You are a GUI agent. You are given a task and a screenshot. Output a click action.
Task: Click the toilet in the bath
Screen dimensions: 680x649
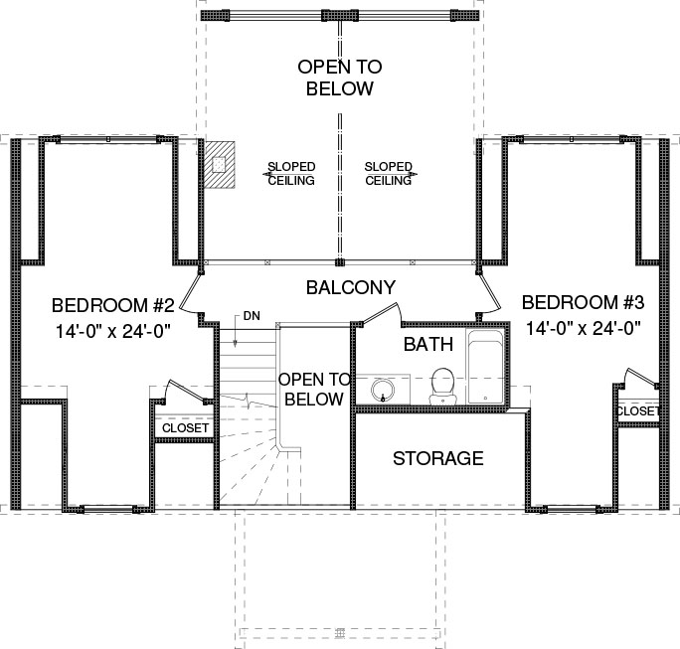tap(442, 386)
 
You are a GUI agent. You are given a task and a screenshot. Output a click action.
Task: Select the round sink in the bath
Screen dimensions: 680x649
tap(383, 390)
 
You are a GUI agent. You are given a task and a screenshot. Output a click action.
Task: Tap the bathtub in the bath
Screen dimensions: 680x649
tap(485, 367)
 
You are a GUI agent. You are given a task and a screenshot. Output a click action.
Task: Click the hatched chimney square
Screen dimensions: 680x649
tap(220, 165)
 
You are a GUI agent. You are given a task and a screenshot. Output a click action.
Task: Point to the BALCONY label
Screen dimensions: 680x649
tap(351, 287)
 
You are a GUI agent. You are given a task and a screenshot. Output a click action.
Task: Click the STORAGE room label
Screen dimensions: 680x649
tap(438, 458)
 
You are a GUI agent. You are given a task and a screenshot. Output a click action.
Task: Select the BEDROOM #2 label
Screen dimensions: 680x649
tap(112, 305)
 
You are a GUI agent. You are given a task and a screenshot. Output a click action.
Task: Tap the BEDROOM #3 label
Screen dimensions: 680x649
tap(583, 302)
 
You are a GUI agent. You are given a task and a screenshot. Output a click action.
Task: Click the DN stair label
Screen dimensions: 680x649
tap(252, 316)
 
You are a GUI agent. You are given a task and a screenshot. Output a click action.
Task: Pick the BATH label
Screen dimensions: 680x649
tap(428, 344)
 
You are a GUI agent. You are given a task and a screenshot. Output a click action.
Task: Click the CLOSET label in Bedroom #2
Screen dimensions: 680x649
tap(185, 428)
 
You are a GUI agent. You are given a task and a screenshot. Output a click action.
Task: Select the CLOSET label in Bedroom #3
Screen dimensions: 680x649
tap(637, 411)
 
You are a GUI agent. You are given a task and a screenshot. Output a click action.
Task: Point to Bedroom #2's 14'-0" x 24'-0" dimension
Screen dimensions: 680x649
tap(112, 332)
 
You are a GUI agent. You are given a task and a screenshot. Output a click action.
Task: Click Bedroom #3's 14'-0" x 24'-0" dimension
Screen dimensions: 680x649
tap(584, 328)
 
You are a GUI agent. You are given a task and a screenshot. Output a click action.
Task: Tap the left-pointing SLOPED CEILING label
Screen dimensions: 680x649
tap(290, 173)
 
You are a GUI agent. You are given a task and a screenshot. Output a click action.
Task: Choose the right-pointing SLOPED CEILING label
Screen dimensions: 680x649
tap(389, 173)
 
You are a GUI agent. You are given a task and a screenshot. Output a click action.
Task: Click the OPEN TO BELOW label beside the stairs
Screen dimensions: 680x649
tap(314, 390)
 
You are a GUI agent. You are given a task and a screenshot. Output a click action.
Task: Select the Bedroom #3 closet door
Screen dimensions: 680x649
tap(641, 377)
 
